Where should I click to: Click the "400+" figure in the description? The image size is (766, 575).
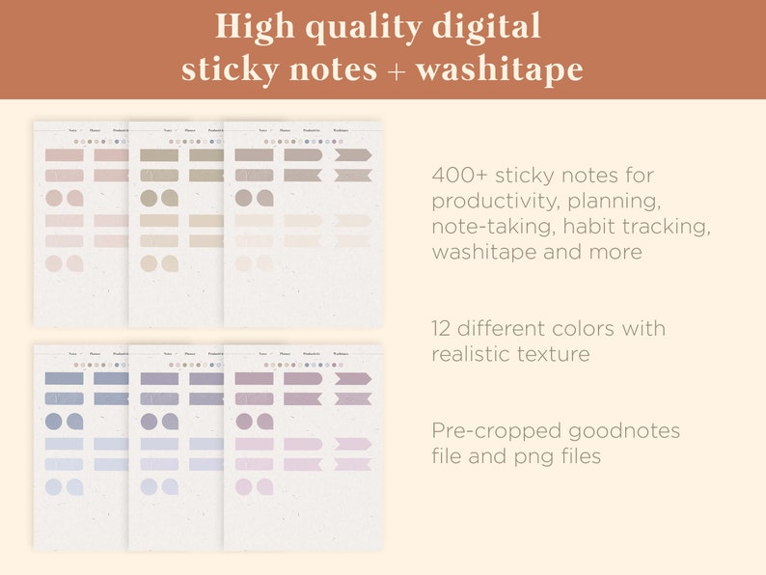pyautogui.click(x=459, y=177)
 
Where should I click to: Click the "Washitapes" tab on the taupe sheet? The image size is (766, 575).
pyautogui.click(x=342, y=128)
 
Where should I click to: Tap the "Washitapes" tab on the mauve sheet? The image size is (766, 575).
pyautogui.click(x=342, y=354)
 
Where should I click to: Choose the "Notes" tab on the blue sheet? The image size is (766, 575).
pyautogui.click(x=72, y=354)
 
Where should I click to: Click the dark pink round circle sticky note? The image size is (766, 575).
pyautogui.click(x=54, y=198)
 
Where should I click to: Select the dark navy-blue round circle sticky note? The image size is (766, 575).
pyautogui.click(x=54, y=422)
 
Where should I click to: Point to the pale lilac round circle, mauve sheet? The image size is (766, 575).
pyautogui.click(x=244, y=487)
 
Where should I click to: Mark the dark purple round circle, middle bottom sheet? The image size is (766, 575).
pyautogui.click(x=150, y=422)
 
